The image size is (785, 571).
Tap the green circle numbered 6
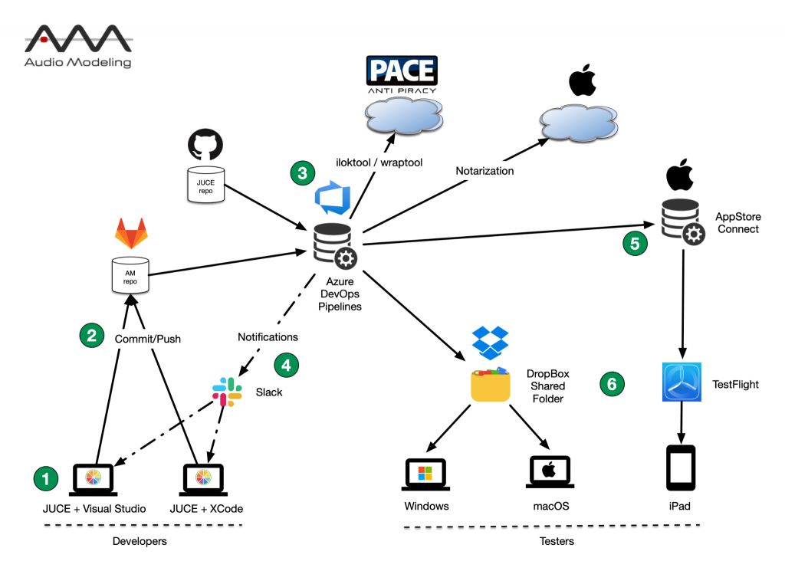pos(611,383)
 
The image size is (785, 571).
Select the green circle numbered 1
pos(45,479)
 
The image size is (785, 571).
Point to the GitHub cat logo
pos(205,144)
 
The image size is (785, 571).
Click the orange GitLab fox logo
pos(130,233)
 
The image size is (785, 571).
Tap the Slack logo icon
pos(227,392)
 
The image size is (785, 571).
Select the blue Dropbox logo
pos(491,343)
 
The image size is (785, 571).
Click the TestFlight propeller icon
pos(682,383)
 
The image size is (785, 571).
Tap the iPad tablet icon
pos(681,467)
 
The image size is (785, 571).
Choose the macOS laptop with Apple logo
pos(550,474)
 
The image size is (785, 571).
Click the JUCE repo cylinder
pos(205,185)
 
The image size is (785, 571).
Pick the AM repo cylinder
pos(130,274)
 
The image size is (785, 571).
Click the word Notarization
pos(484,170)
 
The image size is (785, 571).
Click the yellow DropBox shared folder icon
pos(491,385)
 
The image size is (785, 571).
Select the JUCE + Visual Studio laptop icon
pos(93,478)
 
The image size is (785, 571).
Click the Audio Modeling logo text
pos(77,62)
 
